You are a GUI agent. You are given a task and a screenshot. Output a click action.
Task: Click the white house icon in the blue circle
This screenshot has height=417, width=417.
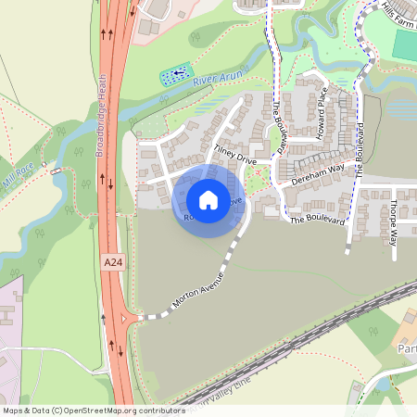click(x=208, y=200)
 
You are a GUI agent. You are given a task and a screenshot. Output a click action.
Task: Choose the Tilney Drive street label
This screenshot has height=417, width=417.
click(x=234, y=154)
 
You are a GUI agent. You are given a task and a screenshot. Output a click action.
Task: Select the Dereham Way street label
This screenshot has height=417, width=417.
click(x=318, y=175)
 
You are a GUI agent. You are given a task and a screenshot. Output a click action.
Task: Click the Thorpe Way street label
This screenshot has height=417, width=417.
click(x=393, y=222)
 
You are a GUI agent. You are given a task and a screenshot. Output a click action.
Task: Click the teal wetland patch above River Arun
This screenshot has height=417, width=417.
click(x=176, y=73)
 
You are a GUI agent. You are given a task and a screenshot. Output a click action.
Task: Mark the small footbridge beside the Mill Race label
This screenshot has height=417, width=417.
click(x=57, y=171)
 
